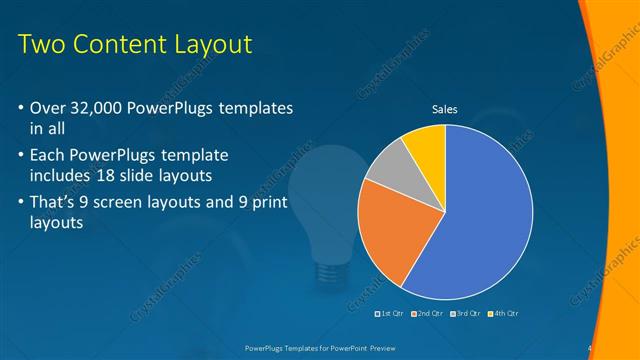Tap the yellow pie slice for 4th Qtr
point(426,145)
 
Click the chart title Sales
point(445,110)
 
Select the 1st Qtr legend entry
point(389,314)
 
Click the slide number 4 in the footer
point(590,348)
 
